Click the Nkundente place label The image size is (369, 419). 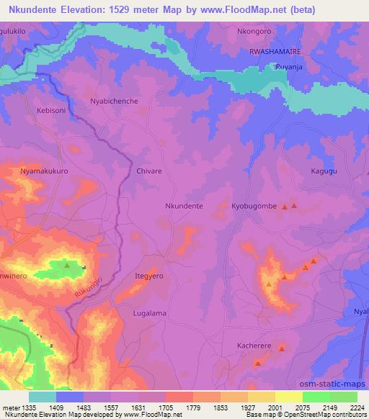184,206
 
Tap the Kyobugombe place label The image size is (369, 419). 254,206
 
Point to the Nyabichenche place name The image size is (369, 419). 114,102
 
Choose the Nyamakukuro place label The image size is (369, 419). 44,171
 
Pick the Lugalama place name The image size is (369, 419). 150,313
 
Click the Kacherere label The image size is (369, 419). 254,346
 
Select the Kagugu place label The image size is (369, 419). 324,172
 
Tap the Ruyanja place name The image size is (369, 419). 288,67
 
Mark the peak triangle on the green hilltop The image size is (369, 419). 67,265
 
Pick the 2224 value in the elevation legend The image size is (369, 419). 356,407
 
